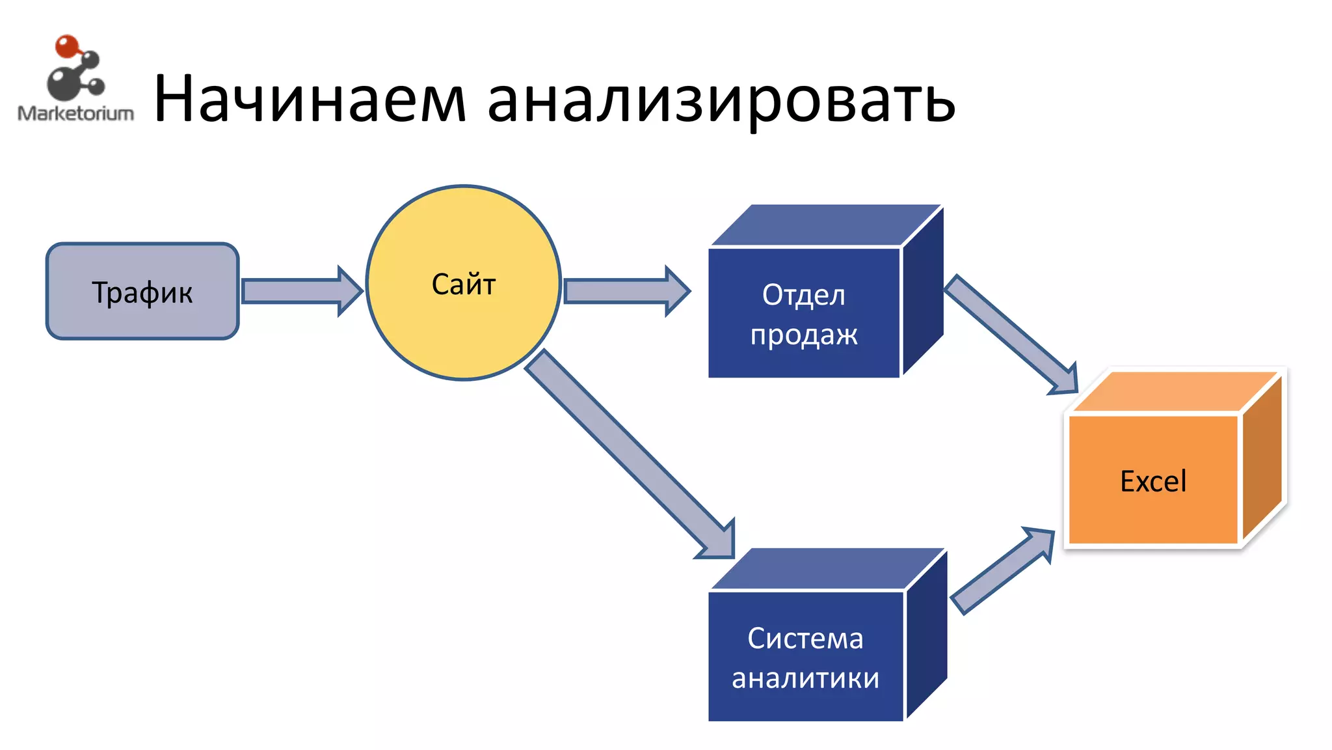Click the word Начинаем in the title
point(310,99)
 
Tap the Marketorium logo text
point(75,113)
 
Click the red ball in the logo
point(66,46)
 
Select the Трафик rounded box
point(142,292)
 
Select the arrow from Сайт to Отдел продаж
point(624,291)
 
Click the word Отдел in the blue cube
point(804,295)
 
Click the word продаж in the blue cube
point(804,335)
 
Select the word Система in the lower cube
point(805,638)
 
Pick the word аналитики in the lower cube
point(805,678)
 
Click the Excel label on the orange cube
point(1153,481)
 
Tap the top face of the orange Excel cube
point(1174,392)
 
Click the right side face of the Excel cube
point(1262,459)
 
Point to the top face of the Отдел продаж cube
point(826,225)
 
